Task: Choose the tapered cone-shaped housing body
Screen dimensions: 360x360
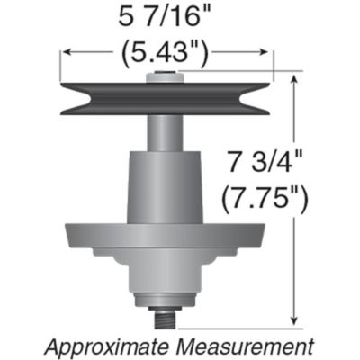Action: click(x=166, y=184)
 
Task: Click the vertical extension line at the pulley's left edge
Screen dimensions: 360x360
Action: click(x=60, y=67)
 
